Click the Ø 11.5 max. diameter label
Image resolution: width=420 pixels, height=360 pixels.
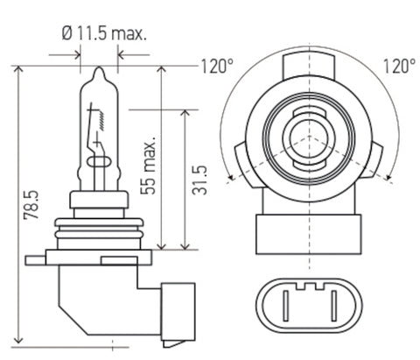(104, 33)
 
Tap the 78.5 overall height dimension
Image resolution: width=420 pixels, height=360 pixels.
(31, 205)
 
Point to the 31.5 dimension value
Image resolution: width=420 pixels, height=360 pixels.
(199, 180)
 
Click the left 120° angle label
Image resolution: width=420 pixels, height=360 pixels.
(217, 67)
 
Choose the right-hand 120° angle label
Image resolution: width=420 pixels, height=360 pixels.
(399, 66)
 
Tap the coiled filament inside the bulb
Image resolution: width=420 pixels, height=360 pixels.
(101, 120)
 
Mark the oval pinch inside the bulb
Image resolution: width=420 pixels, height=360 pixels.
(99, 161)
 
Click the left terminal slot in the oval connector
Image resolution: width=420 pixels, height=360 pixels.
(286, 306)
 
